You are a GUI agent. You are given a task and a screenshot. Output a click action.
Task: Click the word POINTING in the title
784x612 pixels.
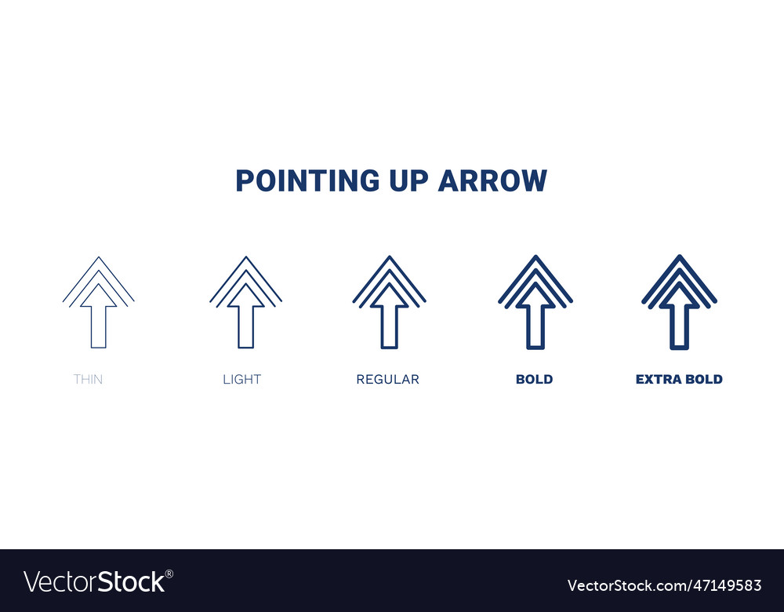coord(296,180)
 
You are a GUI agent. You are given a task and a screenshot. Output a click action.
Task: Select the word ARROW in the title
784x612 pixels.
coord(492,180)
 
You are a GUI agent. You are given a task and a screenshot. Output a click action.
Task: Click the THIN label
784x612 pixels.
coord(88,379)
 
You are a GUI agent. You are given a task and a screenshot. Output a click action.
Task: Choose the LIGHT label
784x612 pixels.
coord(241,379)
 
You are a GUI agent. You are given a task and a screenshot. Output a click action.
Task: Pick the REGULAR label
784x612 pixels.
coord(387,379)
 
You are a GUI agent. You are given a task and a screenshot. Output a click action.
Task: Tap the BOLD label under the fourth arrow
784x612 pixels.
coord(534,379)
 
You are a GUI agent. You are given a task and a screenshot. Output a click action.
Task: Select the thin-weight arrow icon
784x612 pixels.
coord(98,302)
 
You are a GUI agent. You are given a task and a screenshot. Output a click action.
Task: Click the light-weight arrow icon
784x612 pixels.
coord(245,302)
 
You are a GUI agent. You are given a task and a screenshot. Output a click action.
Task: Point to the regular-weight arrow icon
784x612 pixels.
coord(389,302)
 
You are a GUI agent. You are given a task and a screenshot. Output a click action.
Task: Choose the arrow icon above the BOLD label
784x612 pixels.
coord(535,302)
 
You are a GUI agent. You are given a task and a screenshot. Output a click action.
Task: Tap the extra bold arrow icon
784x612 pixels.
coord(679,302)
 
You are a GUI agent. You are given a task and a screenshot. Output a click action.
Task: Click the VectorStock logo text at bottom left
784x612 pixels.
coord(94,581)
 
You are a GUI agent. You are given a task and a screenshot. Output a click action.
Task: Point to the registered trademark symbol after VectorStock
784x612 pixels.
coord(169,573)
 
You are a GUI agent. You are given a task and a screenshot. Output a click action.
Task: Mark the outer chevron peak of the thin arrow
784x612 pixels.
coord(98,258)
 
